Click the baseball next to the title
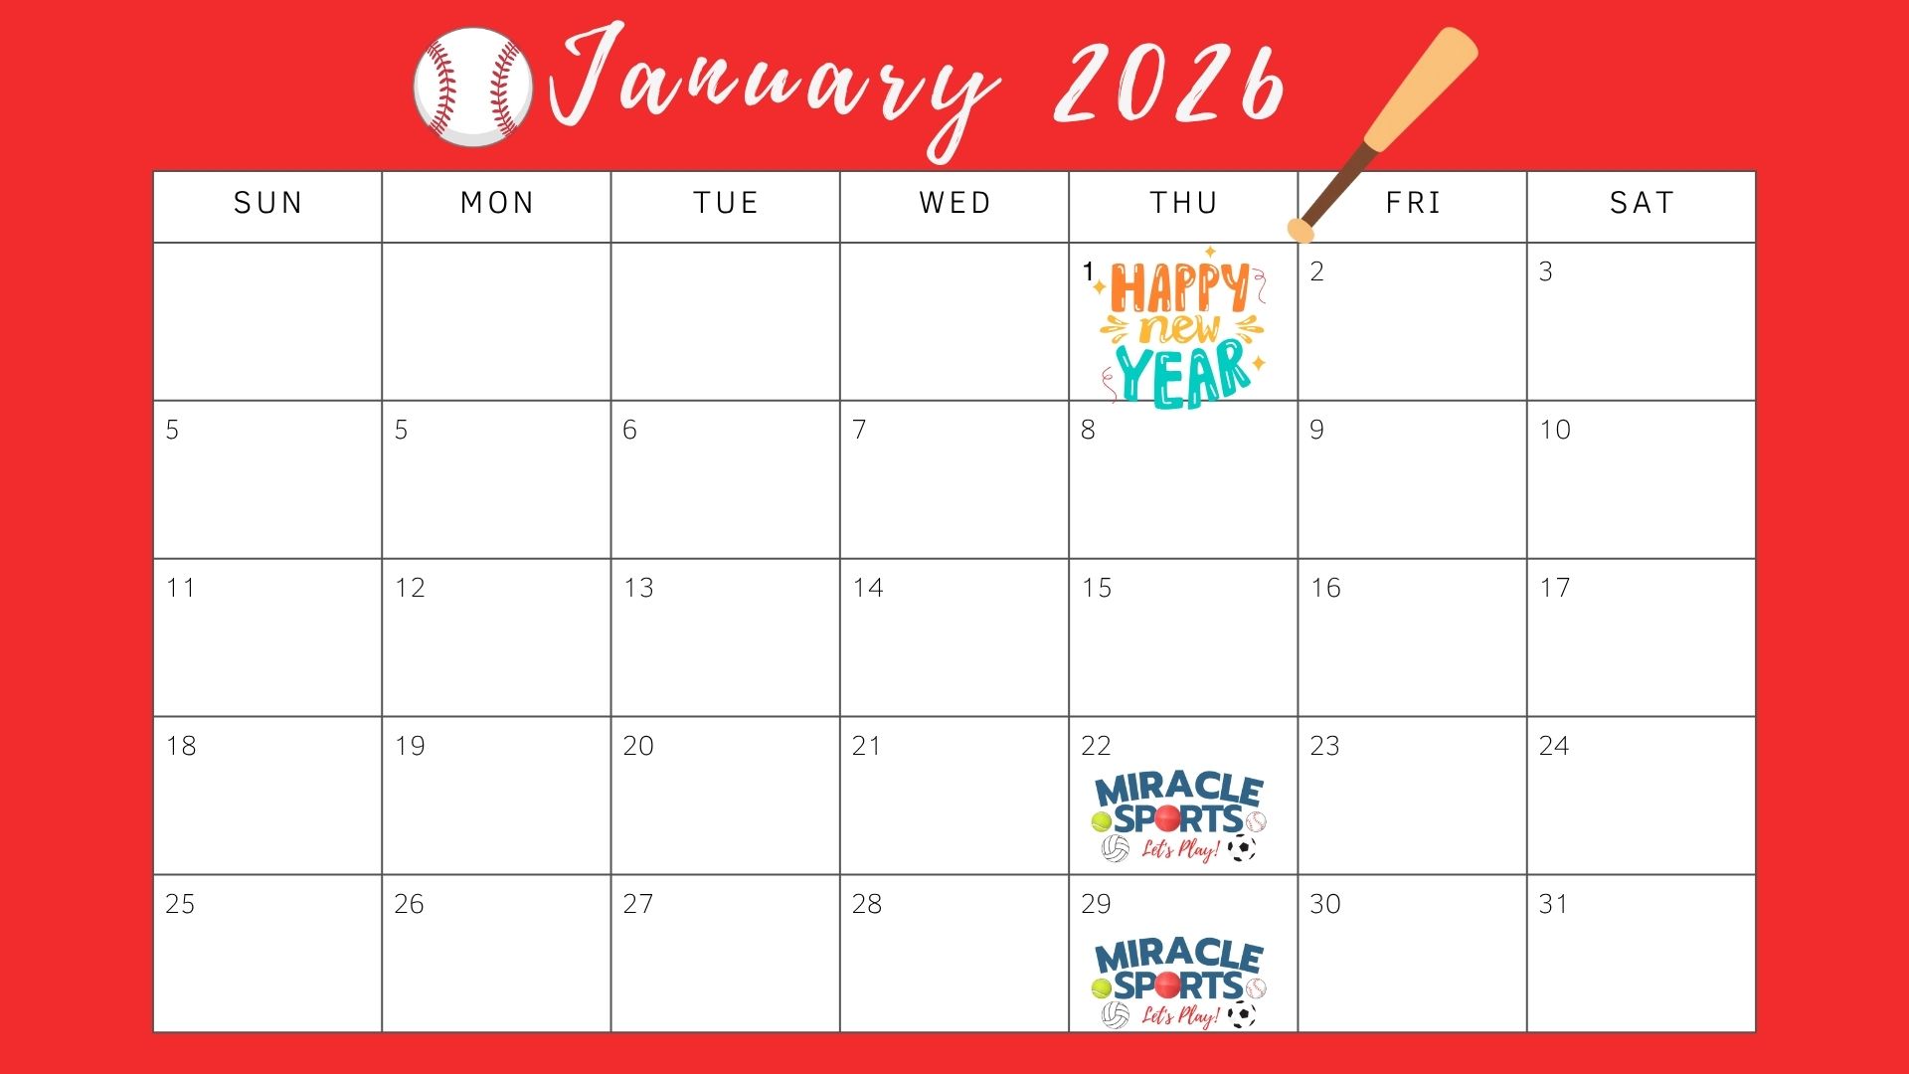point(473,88)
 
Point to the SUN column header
point(267,203)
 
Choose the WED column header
point(954,203)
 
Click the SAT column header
point(1642,203)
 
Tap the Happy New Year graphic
point(1182,327)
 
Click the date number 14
point(867,588)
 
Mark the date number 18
point(181,746)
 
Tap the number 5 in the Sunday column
point(172,430)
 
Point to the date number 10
point(1555,430)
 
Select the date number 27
point(638,904)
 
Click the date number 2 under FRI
point(1316,271)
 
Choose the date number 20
point(638,746)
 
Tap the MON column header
point(497,203)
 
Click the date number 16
point(1325,588)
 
